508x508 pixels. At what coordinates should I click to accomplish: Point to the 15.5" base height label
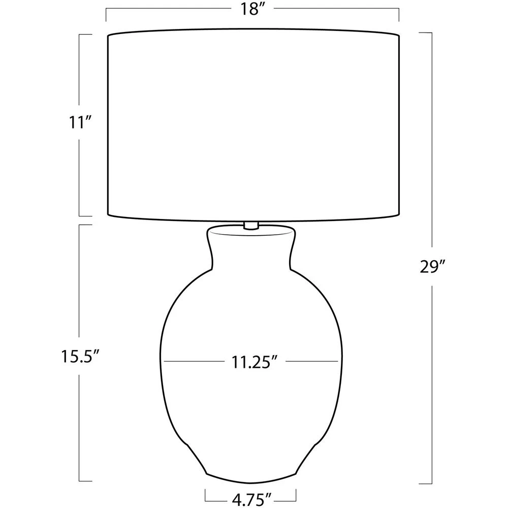click(79, 357)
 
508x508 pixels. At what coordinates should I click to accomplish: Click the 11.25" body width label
click(255, 362)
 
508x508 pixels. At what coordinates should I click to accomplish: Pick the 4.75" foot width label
click(251, 500)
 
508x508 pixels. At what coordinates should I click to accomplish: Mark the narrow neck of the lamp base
click(251, 249)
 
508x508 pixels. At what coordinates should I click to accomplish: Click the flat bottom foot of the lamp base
click(251, 479)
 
